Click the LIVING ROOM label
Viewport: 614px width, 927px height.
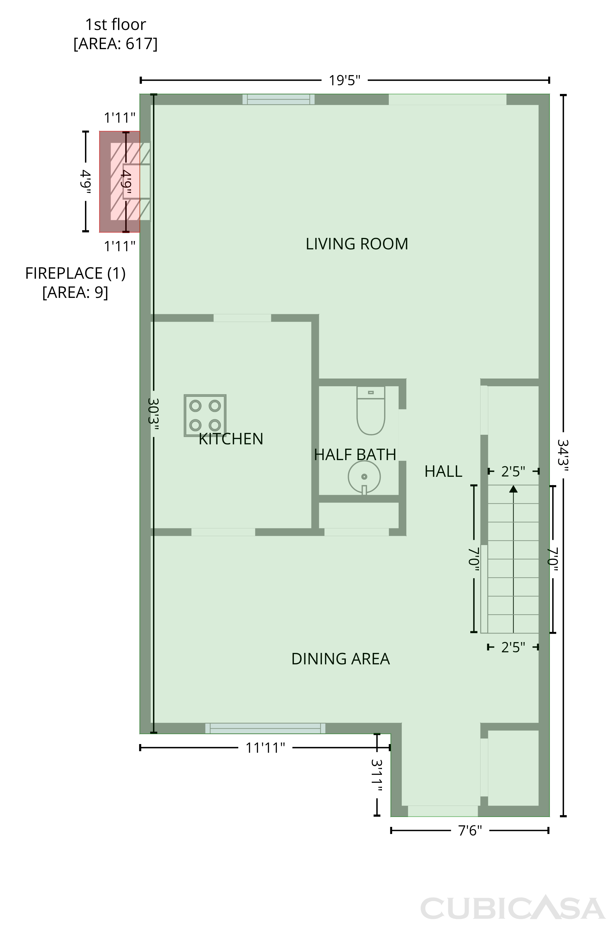point(357,244)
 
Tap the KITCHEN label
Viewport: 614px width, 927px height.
point(231,439)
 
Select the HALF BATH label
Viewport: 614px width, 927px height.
point(355,455)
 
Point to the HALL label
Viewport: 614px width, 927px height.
point(443,471)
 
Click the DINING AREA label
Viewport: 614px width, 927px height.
point(341,659)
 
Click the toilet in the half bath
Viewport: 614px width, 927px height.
point(371,410)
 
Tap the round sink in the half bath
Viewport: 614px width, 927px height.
point(364,477)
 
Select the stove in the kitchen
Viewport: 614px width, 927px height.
point(205,415)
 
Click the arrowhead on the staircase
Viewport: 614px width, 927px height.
point(513,489)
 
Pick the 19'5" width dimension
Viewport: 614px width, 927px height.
point(345,80)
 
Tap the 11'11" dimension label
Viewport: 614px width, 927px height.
point(265,748)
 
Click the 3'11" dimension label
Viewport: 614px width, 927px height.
point(377,775)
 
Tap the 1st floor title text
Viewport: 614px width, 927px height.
point(116,25)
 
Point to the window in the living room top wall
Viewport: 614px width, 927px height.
point(278,99)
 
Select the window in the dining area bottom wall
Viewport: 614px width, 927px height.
point(265,728)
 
